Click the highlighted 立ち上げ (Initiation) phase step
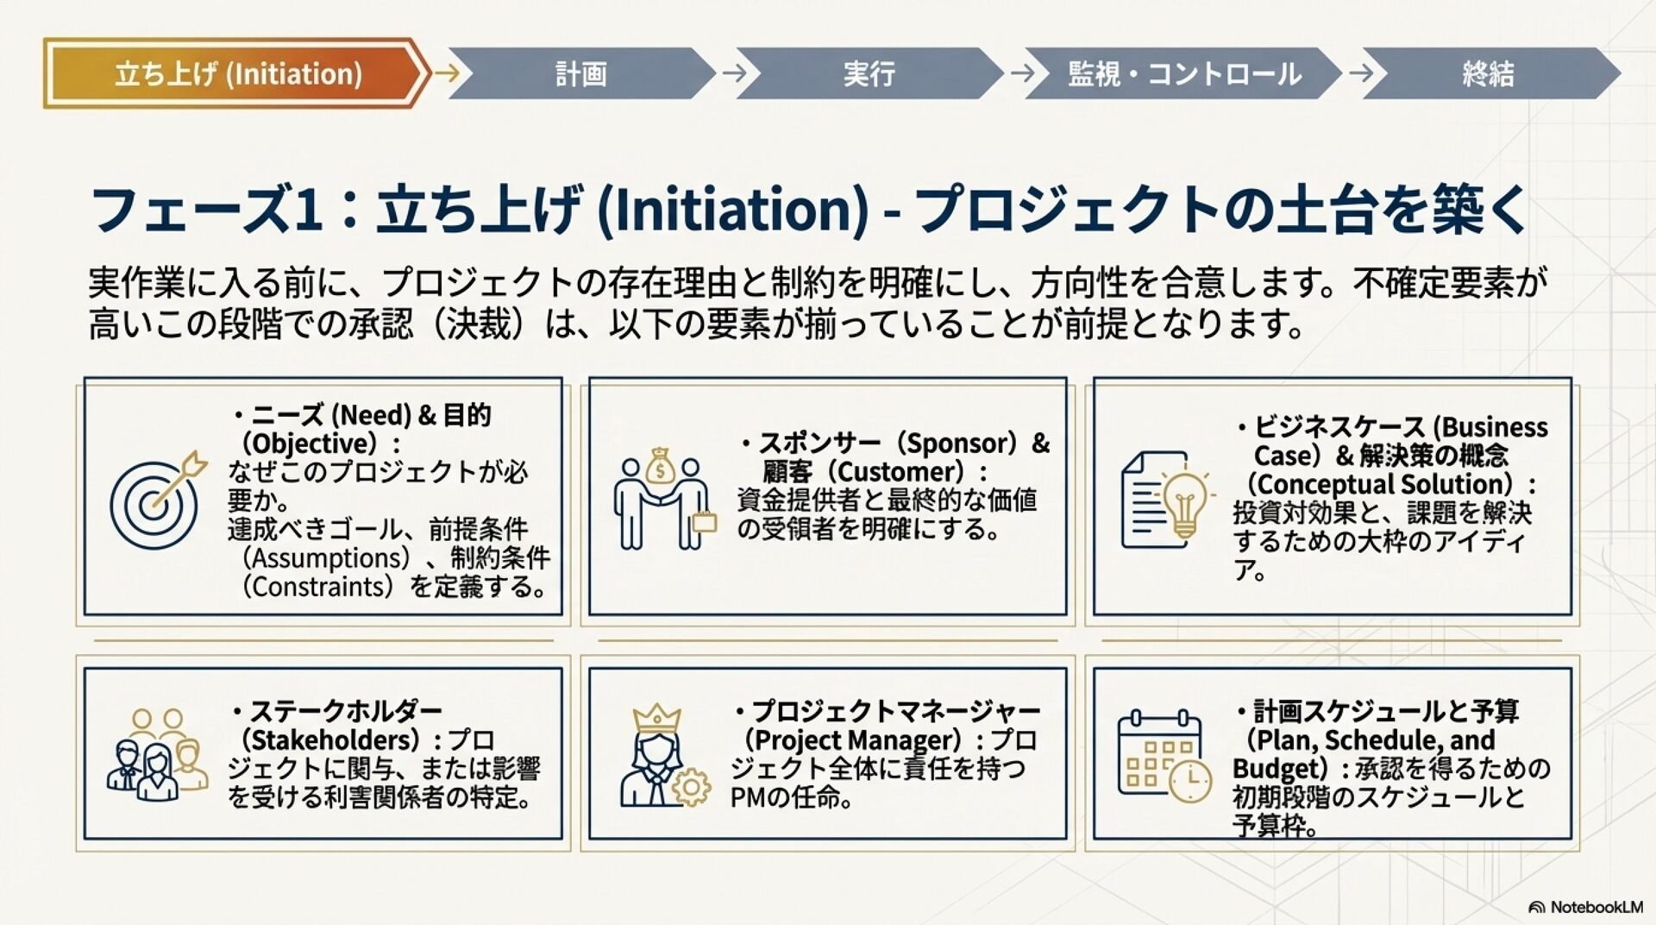(x=237, y=73)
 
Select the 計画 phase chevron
(x=580, y=73)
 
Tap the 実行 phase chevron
(x=869, y=73)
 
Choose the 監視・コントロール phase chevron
(x=1183, y=73)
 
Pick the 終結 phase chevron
(x=1488, y=73)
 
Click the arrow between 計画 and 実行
(x=735, y=72)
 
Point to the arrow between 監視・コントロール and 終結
(x=1361, y=72)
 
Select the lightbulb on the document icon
(x=1165, y=500)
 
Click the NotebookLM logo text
(x=1595, y=907)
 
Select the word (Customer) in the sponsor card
(x=900, y=471)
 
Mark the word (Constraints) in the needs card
(x=318, y=587)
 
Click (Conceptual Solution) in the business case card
(x=1380, y=483)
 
